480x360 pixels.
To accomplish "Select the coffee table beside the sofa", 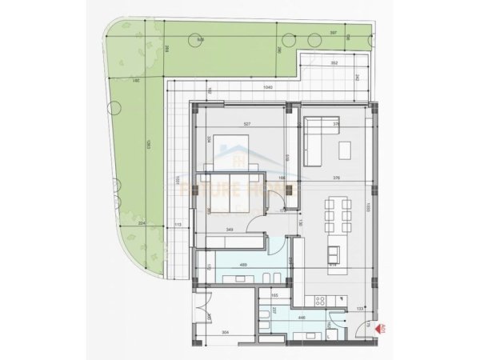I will coord(346,150).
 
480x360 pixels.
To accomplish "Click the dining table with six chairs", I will coord(336,212).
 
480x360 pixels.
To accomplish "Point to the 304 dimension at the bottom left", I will coord(226,331).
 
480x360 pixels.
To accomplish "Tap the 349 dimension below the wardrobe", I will coord(230,230).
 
